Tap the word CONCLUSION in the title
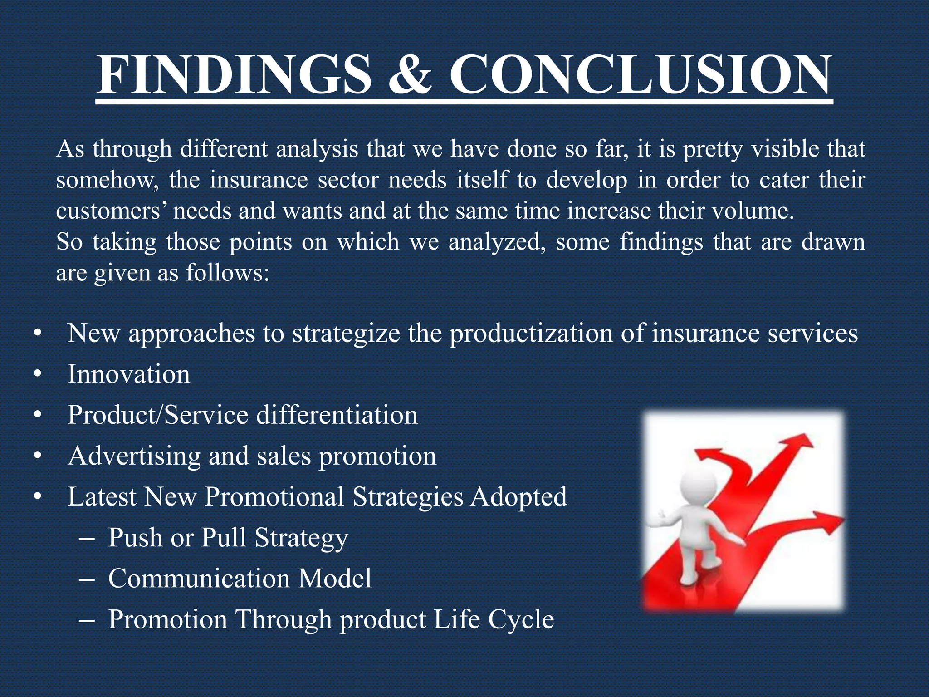[640, 75]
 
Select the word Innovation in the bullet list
[129, 374]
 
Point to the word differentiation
[337, 415]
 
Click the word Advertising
[134, 456]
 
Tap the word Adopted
[518, 496]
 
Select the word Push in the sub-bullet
[135, 538]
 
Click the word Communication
[199, 579]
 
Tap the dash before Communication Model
[86, 579]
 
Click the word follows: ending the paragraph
[227, 273]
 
